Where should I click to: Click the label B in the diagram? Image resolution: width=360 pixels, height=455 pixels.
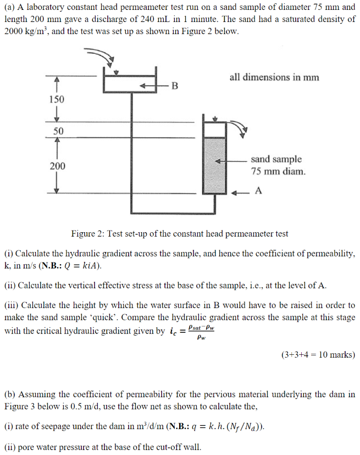pyautogui.click(x=175, y=86)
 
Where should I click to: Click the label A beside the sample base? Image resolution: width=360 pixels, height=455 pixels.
pyautogui.click(x=258, y=191)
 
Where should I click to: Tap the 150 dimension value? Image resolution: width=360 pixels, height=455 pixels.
pyautogui.click(x=57, y=100)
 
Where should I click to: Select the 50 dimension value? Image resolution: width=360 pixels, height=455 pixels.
pyautogui.click(x=58, y=131)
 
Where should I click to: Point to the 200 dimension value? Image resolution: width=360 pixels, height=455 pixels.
pyautogui.click(x=57, y=166)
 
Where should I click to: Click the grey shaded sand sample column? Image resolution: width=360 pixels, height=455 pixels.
pyautogui.click(x=214, y=165)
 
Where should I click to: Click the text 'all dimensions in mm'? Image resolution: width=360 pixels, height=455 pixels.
pyautogui.click(x=274, y=78)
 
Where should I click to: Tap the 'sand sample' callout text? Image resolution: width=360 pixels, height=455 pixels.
pyautogui.click(x=276, y=159)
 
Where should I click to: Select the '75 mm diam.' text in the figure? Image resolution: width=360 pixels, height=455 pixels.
pyautogui.click(x=278, y=171)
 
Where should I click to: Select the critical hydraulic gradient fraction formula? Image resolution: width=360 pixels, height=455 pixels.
pyautogui.click(x=200, y=332)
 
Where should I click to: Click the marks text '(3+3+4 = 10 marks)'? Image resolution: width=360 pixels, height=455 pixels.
pyautogui.click(x=318, y=355)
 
